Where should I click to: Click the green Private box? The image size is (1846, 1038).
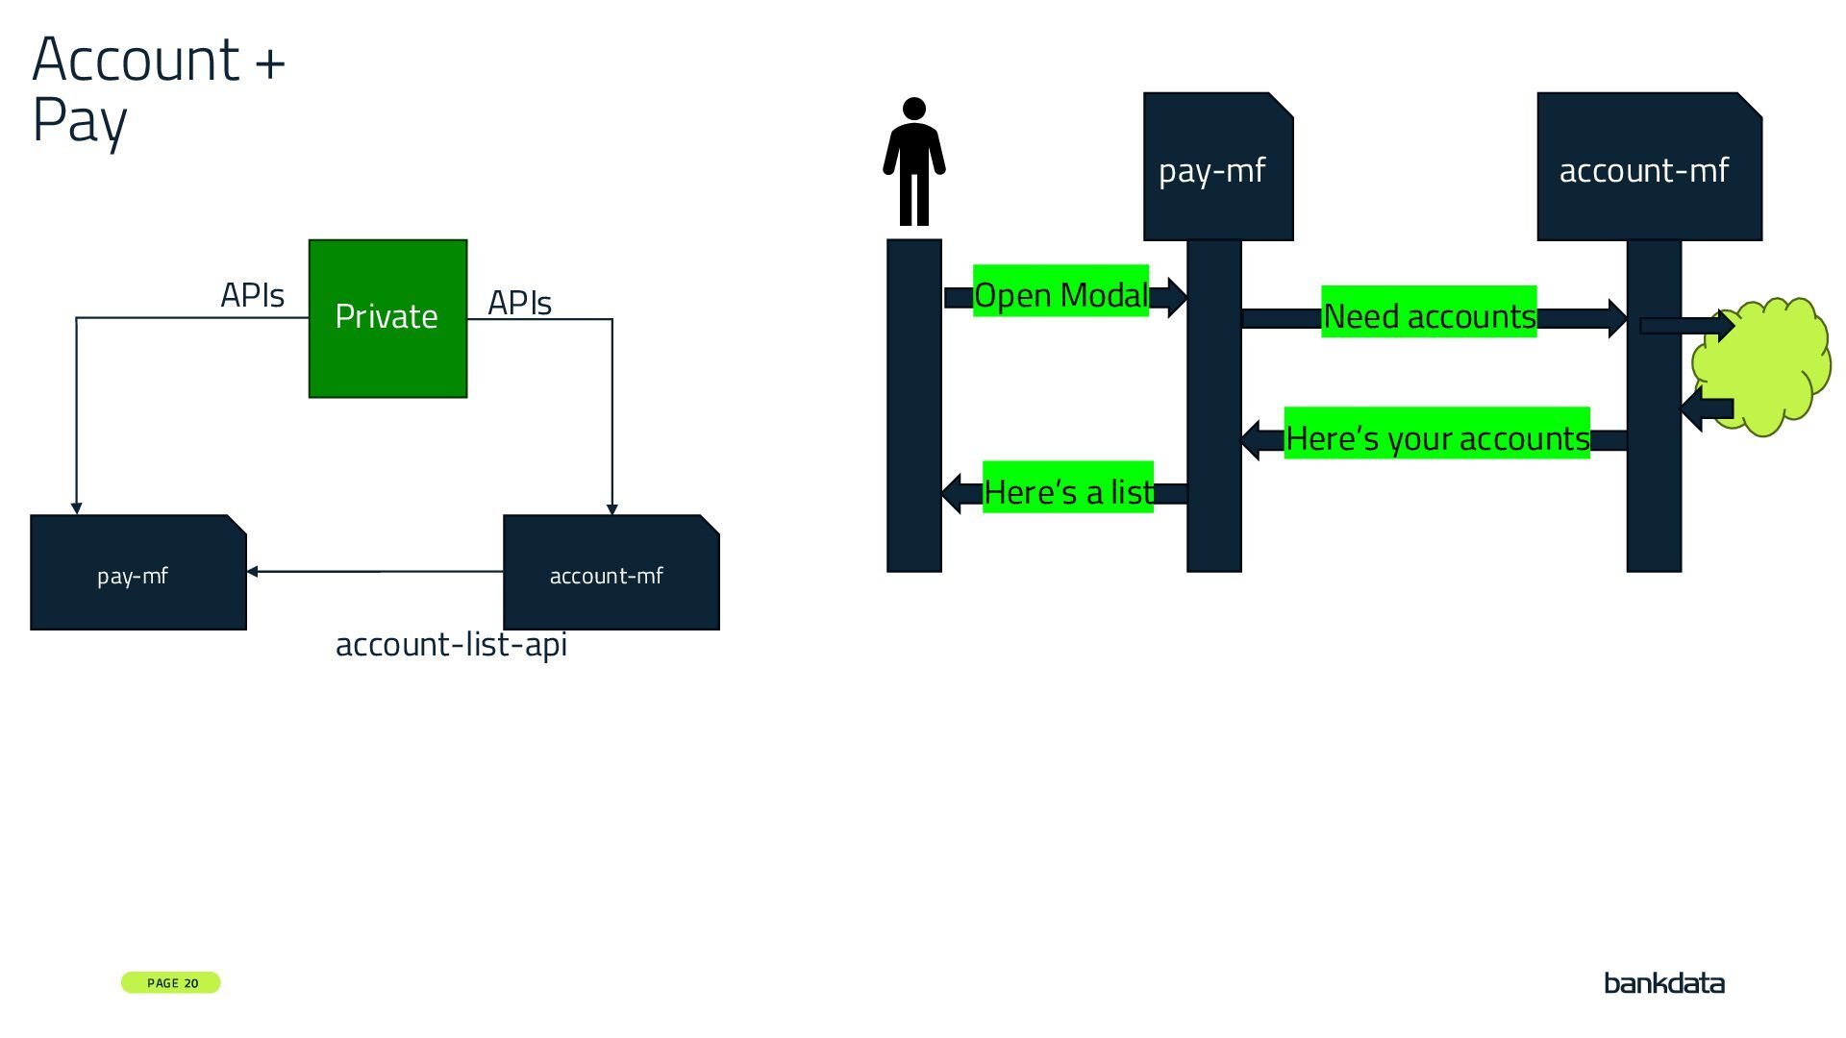click(387, 318)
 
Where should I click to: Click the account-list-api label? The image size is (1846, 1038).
click(451, 644)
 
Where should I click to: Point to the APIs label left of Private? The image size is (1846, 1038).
click(252, 295)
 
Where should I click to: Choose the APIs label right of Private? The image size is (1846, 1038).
click(519, 303)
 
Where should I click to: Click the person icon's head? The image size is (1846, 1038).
click(914, 109)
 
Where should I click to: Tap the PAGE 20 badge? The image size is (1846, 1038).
click(171, 982)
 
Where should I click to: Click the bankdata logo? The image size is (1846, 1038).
click(1663, 982)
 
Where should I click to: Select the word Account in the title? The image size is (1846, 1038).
click(136, 60)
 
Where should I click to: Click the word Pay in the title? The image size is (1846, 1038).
click(80, 122)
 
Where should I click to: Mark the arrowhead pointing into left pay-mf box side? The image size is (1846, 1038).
click(253, 572)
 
